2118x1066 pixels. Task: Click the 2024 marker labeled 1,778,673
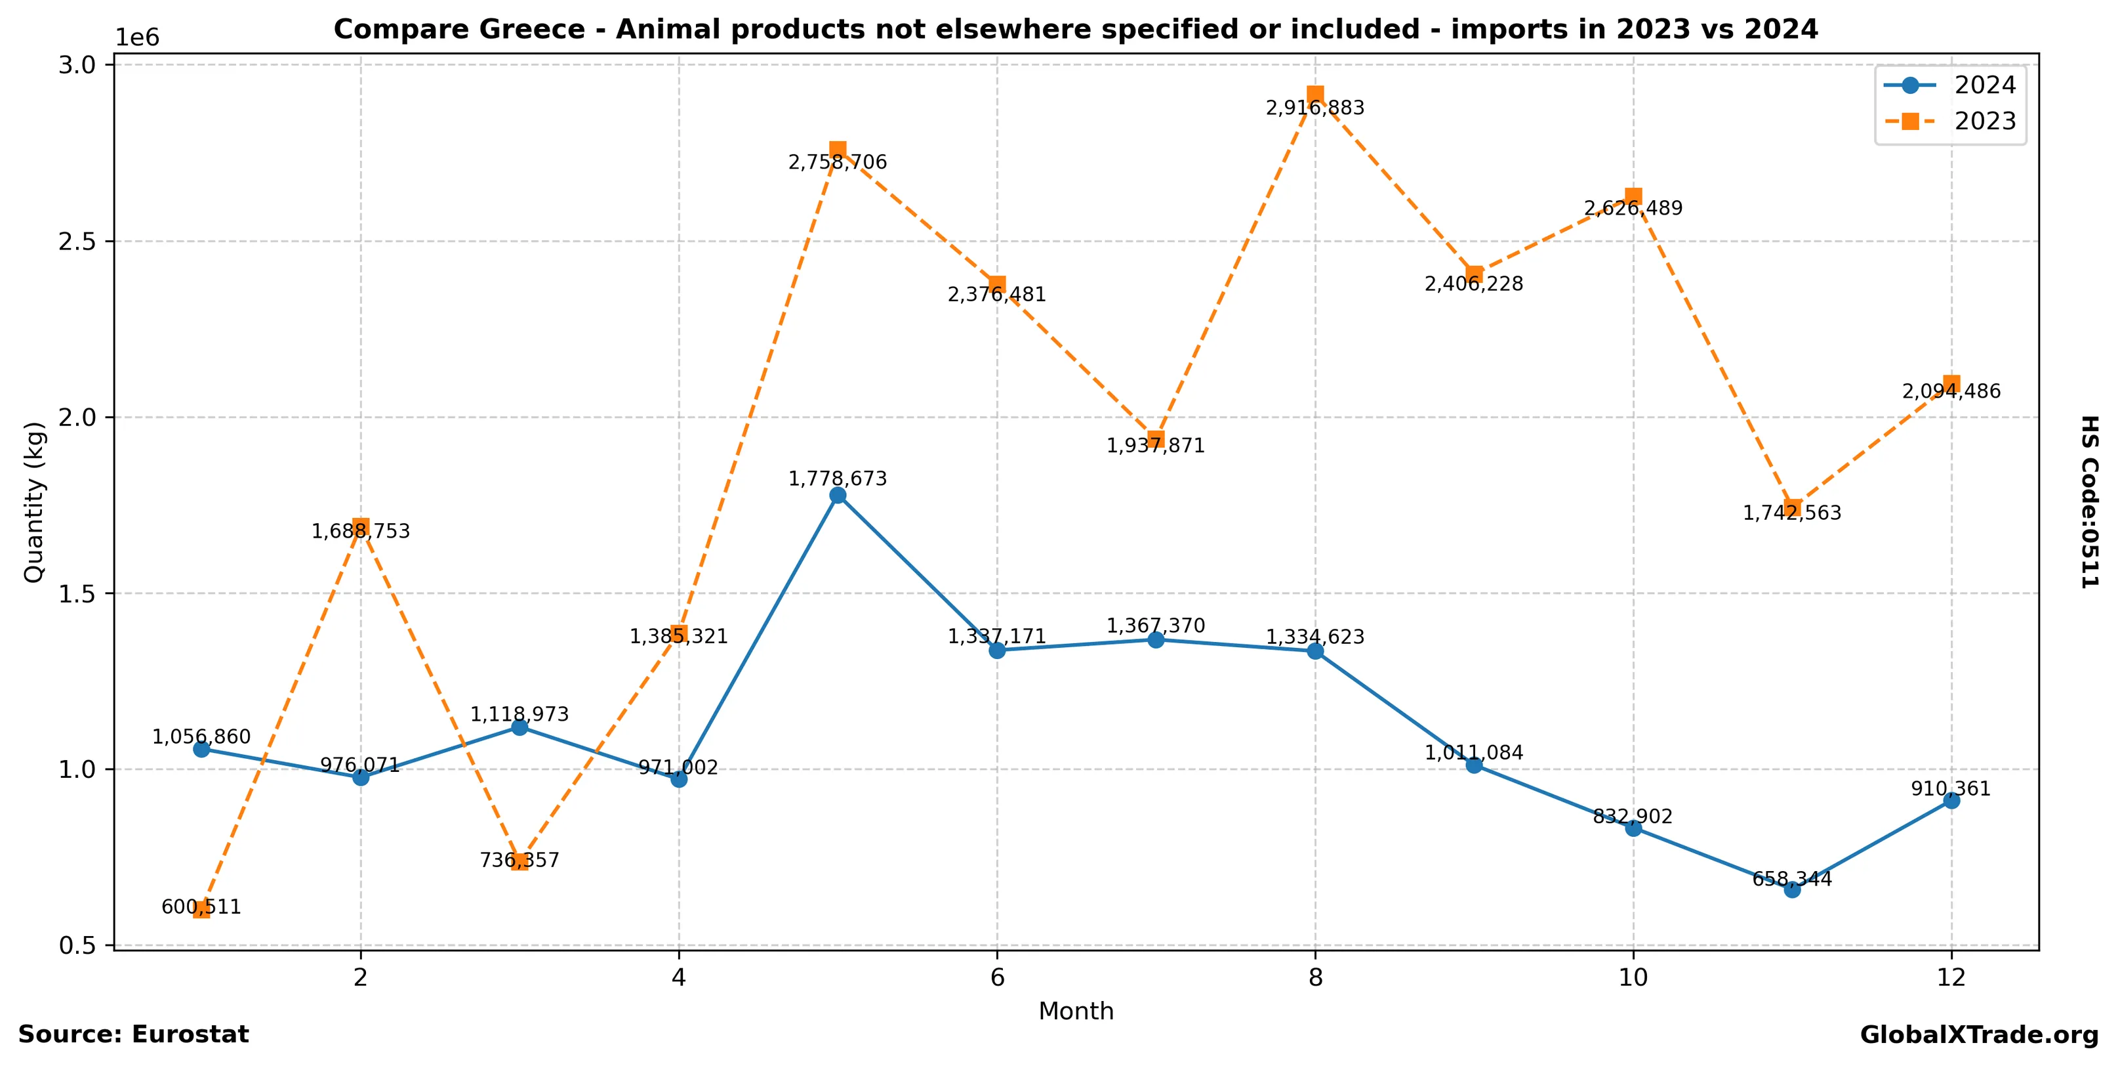click(838, 495)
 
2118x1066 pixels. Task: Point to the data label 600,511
click(201, 907)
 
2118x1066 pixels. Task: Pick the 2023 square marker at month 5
click(838, 149)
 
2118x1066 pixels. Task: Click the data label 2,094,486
click(1951, 391)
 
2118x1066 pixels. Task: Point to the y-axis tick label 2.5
click(75, 242)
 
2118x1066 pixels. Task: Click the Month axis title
click(1076, 1012)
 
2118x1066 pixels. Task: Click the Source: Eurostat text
click(133, 1034)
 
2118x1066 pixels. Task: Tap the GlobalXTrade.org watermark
click(1979, 1036)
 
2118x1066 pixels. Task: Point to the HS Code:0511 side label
click(2089, 501)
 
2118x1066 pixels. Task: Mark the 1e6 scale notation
click(136, 38)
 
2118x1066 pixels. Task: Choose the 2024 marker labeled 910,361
click(1951, 800)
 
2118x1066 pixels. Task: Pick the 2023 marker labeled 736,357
click(519, 861)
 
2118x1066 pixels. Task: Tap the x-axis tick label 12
click(1951, 977)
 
